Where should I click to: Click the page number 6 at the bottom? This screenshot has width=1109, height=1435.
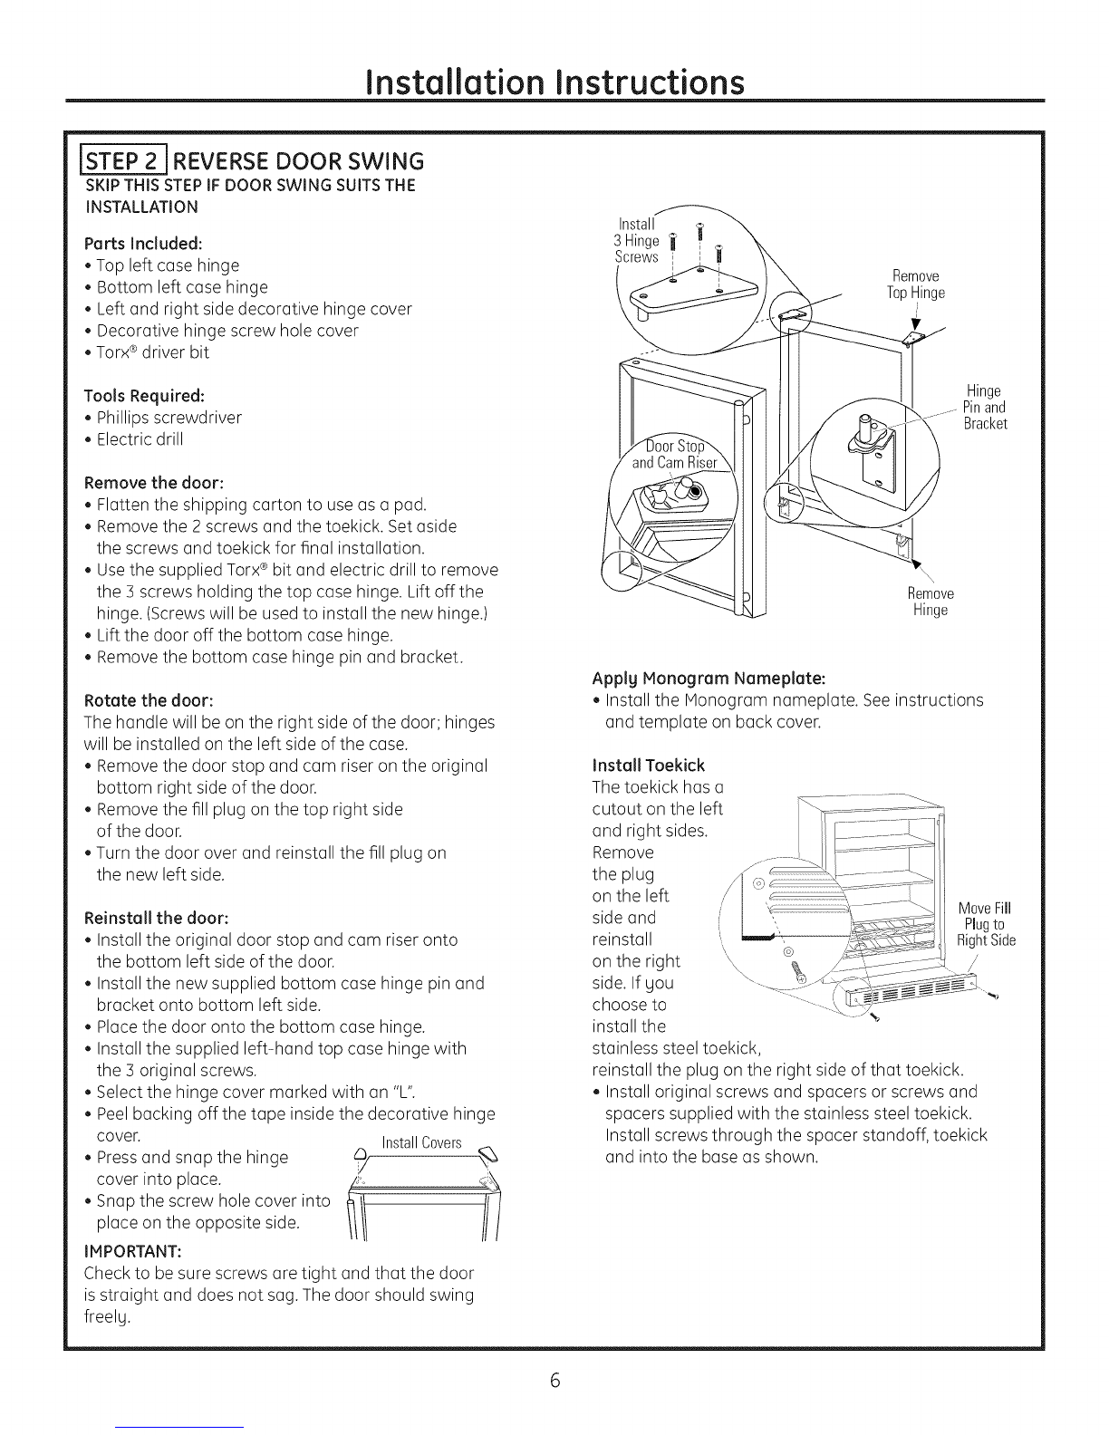click(x=554, y=1381)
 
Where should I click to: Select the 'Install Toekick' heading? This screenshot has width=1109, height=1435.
click(x=648, y=765)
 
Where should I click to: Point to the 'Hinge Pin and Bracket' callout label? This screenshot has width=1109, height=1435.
click(x=984, y=407)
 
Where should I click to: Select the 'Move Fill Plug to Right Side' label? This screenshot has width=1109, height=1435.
click(x=986, y=923)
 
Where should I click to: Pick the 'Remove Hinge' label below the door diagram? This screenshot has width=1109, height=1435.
click(x=931, y=602)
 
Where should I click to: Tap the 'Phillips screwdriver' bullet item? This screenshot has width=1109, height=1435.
click(x=169, y=418)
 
